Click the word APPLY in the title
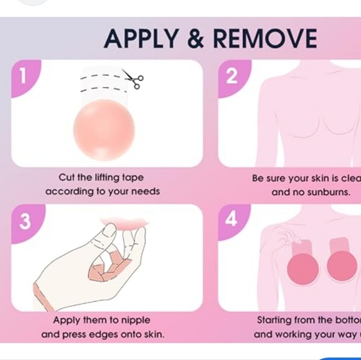point(142,39)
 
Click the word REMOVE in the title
point(265,39)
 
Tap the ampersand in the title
point(195,39)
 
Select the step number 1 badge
point(24,76)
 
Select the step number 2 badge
point(232,76)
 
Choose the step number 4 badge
point(232,219)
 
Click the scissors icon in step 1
point(133,78)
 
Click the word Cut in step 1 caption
point(67,178)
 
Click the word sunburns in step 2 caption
point(329,192)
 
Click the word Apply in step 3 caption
point(68,320)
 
